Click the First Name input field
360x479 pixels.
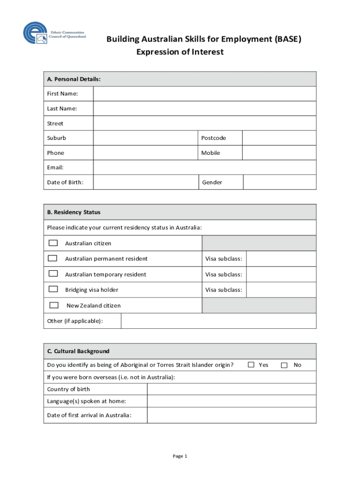[204, 94]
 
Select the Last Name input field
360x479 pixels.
[204, 109]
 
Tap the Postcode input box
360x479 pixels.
[279, 138]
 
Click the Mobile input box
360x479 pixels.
[279, 153]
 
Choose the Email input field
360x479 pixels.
[204, 167]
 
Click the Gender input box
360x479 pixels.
[279, 182]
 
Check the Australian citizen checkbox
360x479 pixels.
[53, 243]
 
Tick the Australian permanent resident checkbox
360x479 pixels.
[53, 258]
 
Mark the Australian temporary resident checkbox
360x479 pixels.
[53, 274]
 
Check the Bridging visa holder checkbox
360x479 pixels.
[53, 289]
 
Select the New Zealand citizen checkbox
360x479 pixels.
[54, 305]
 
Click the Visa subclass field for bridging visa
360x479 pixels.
[281, 290]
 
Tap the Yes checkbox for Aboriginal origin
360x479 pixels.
[251, 365]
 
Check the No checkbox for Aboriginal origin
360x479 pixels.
[284, 365]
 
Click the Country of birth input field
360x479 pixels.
[231, 389]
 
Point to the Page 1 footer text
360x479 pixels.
[180, 456]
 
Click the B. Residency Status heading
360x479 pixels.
[74, 212]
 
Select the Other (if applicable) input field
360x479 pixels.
[218, 321]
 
